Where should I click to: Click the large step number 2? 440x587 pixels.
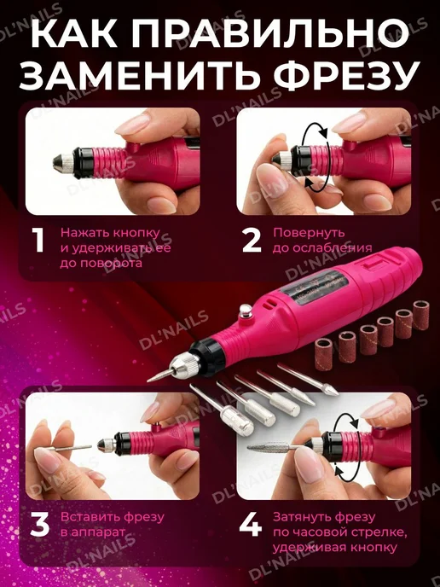pyautogui.click(x=252, y=241)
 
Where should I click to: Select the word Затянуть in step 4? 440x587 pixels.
pyautogui.click(x=301, y=517)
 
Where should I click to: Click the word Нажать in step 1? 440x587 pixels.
pyautogui.click(x=84, y=233)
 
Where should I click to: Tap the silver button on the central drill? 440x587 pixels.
pyautogui.click(x=245, y=311)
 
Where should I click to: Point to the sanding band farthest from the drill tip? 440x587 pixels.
pyautogui.click(x=421, y=315)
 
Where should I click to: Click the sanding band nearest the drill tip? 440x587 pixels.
pyautogui.click(x=324, y=354)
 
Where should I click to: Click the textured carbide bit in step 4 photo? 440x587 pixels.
pyautogui.click(x=269, y=446)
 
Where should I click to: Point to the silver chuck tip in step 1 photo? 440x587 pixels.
pyautogui.click(x=63, y=163)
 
